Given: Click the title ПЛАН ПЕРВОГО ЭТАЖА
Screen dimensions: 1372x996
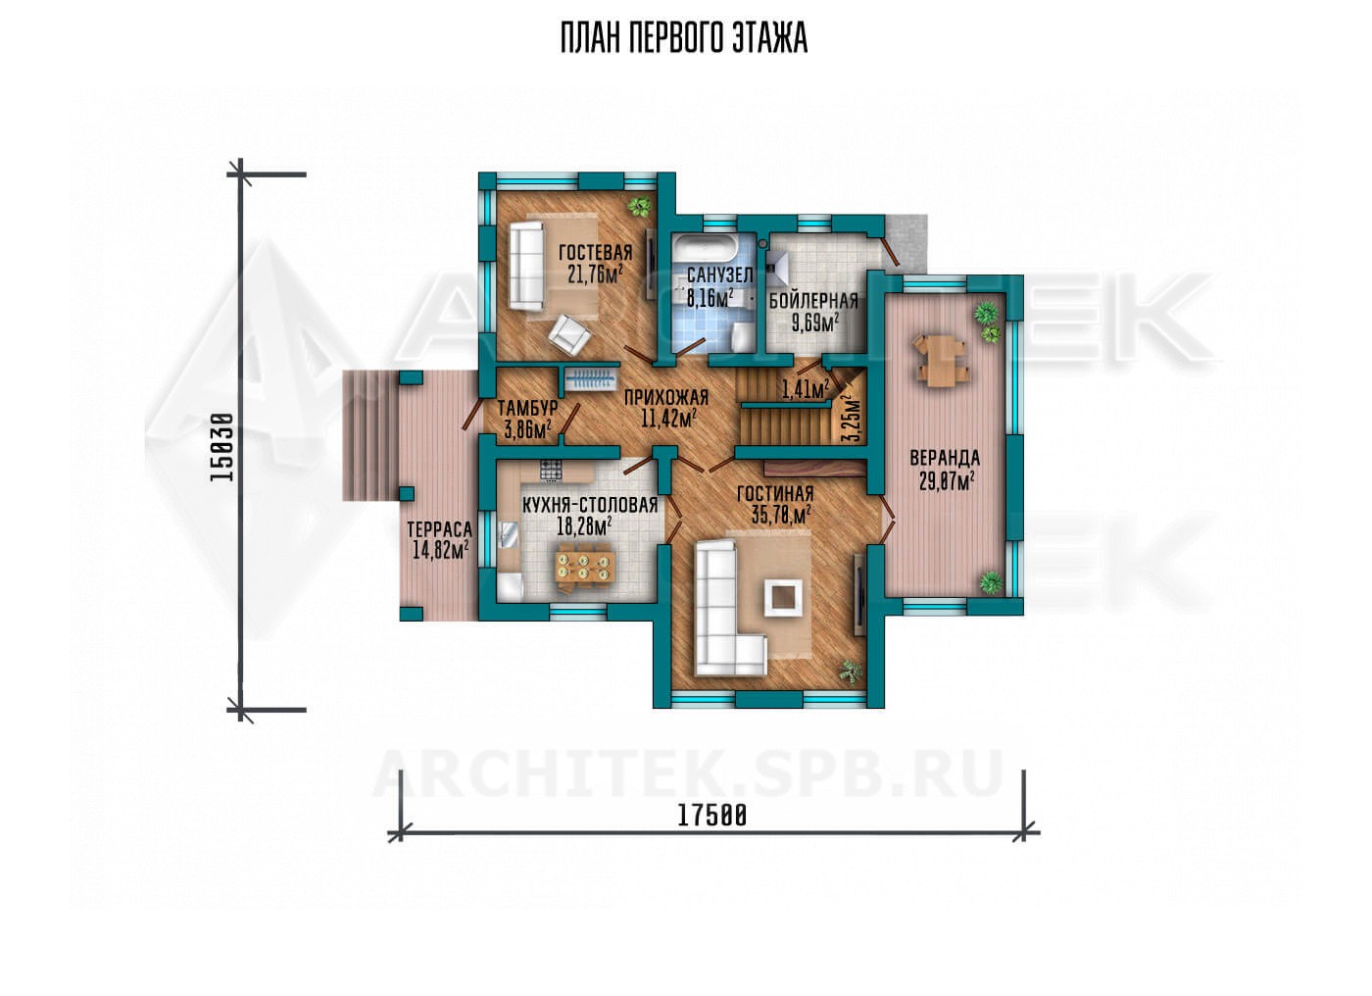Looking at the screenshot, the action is [684, 38].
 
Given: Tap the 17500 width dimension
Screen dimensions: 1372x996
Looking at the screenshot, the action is [712, 816].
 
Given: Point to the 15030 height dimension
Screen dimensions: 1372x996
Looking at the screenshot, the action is [221, 447].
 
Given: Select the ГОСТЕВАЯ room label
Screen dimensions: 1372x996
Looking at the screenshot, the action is [595, 252].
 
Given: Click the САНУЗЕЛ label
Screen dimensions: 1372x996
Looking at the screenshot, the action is [719, 275].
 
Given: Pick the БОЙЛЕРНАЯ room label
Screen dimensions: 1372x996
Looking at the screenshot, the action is [813, 301].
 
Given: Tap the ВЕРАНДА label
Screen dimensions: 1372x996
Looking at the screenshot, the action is [945, 458].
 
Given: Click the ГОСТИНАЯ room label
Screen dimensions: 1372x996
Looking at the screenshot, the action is [775, 493].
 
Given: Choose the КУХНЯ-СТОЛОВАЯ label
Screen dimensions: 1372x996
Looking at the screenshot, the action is [589, 505].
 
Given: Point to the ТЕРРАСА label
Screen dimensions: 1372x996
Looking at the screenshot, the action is [440, 529].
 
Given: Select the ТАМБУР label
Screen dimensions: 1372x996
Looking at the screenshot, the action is [527, 408].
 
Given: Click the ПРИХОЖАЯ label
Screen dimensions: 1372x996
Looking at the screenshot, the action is [666, 398].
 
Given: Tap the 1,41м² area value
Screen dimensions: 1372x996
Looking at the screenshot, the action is [806, 389].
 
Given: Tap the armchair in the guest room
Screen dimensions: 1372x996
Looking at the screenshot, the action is [569, 334].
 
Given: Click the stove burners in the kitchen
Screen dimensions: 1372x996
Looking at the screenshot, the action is [551, 471].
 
